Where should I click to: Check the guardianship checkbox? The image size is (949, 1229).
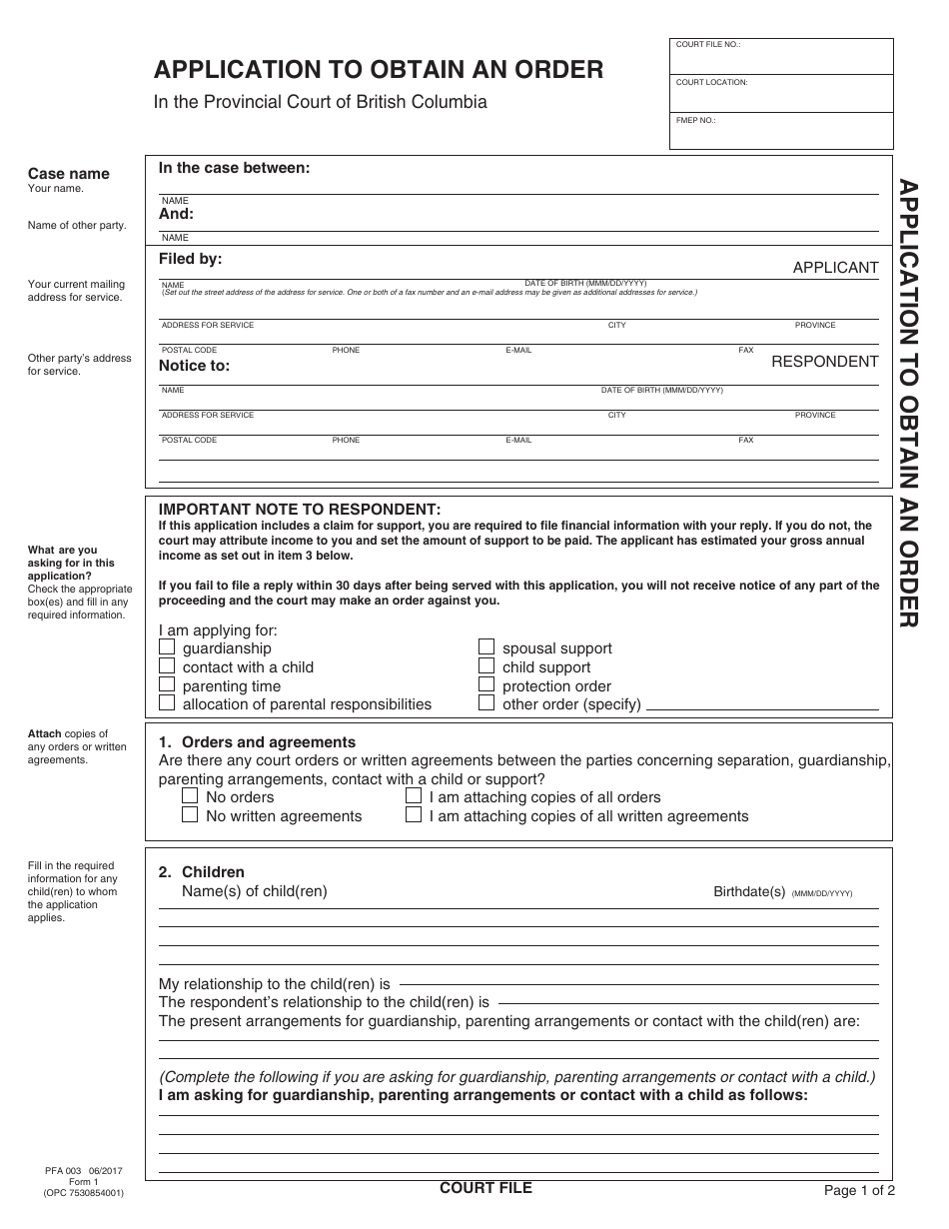tap(167, 647)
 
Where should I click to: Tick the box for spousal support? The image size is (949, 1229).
tap(486, 647)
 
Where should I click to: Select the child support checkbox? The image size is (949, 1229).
tap(486, 666)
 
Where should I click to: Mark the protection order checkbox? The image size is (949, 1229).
tap(486, 685)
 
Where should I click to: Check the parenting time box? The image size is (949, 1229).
tap(167, 685)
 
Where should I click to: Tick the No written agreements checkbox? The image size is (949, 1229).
tap(190, 815)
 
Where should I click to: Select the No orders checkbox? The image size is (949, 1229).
tap(190, 796)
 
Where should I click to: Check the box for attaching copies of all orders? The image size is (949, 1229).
tap(414, 796)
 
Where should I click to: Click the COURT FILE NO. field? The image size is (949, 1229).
tap(781, 58)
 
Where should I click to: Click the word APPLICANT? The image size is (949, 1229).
tap(835, 268)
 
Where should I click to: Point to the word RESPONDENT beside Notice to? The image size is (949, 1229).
tap(824, 362)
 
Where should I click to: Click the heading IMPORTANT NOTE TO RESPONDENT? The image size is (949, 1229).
tap(300, 509)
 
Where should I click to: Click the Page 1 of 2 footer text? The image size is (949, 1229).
tap(859, 1190)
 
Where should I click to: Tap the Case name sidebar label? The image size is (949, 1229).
tap(68, 174)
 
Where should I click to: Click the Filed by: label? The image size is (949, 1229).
tap(191, 259)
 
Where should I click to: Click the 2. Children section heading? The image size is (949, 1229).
tap(202, 872)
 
